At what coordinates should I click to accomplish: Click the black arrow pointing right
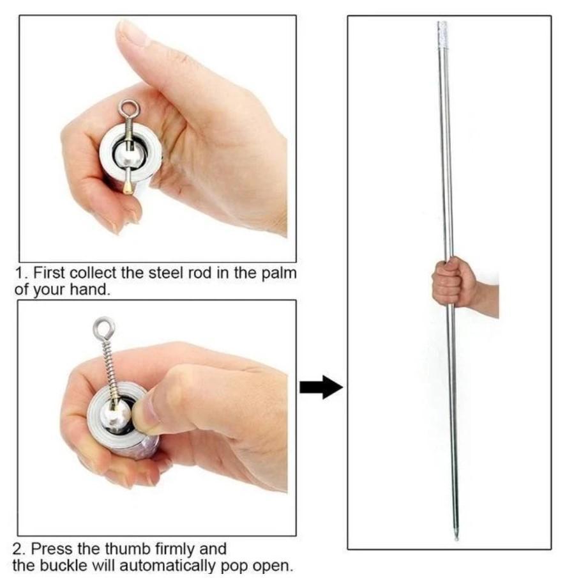point(321,387)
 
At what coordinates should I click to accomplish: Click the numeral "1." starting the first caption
point(22,273)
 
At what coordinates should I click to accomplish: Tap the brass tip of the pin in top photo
point(127,185)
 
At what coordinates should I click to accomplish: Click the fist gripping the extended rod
point(454,282)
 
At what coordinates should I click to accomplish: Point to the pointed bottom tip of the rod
point(456,536)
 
